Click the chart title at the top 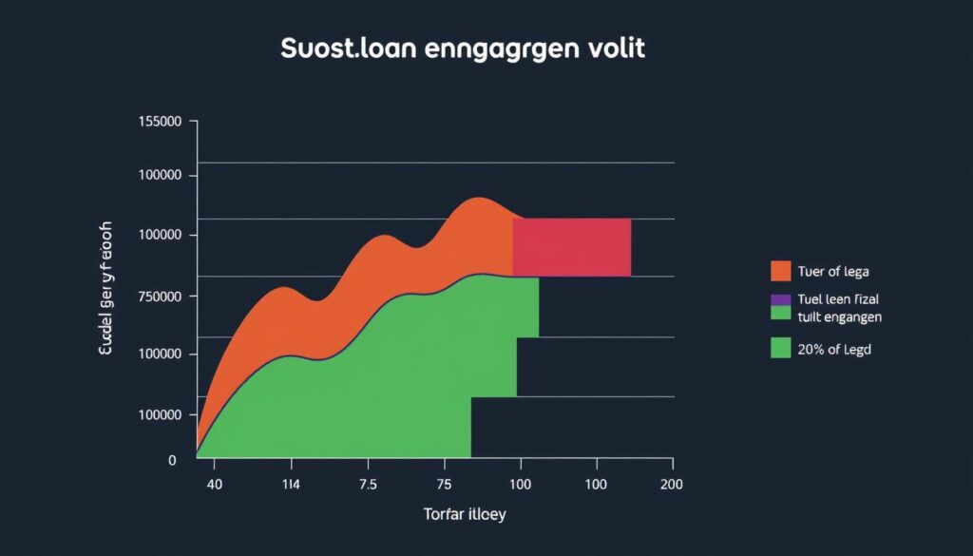click(x=463, y=49)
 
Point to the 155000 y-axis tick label click(x=161, y=122)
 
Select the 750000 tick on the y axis click(x=161, y=297)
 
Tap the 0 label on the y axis click(x=172, y=460)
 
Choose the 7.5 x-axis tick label click(x=368, y=483)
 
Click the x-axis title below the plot click(x=465, y=515)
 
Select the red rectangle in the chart click(x=571, y=247)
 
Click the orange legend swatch click(x=780, y=271)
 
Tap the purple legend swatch click(x=780, y=299)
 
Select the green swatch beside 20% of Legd click(x=780, y=348)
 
